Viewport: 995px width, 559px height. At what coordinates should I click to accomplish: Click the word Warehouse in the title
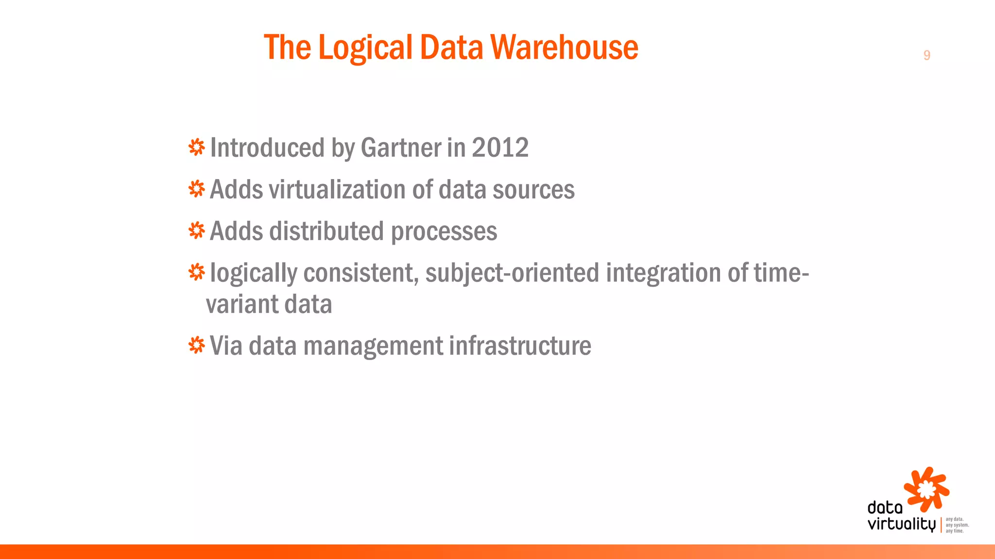[x=564, y=48]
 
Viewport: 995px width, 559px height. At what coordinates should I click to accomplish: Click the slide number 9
[x=926, y=55]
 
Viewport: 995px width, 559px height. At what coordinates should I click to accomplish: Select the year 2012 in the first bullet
[x=500, y=148]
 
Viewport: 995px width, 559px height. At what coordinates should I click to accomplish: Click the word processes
[x=444, y=232]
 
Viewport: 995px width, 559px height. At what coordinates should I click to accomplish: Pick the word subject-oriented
[x=512, y=273]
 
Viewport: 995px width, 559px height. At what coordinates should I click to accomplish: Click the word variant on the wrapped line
[x=241, y=305]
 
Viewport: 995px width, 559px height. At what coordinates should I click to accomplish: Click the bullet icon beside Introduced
[x=196, y=147]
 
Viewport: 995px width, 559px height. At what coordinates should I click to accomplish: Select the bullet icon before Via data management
[x=196, y=345]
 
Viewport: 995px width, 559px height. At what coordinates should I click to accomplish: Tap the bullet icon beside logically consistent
[x=196, y=272]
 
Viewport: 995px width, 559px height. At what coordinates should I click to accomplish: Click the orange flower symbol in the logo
[x=926, y=489]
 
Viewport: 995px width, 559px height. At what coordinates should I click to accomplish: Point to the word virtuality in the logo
[x=901, y=525]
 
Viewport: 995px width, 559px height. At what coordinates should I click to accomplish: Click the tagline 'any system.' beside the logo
[x=957, y=525]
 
